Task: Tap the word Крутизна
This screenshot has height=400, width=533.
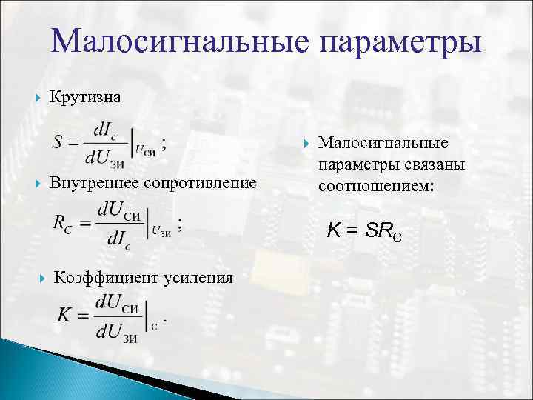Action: pos(85,97)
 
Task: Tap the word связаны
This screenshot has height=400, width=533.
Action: pos(429,164)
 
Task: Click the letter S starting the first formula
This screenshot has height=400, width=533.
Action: pos(58,141)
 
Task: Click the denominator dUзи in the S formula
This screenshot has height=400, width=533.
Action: pos(106,156)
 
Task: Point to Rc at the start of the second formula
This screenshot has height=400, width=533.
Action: pos(62,221)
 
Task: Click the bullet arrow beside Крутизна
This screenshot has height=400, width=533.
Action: pos(38,97)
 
